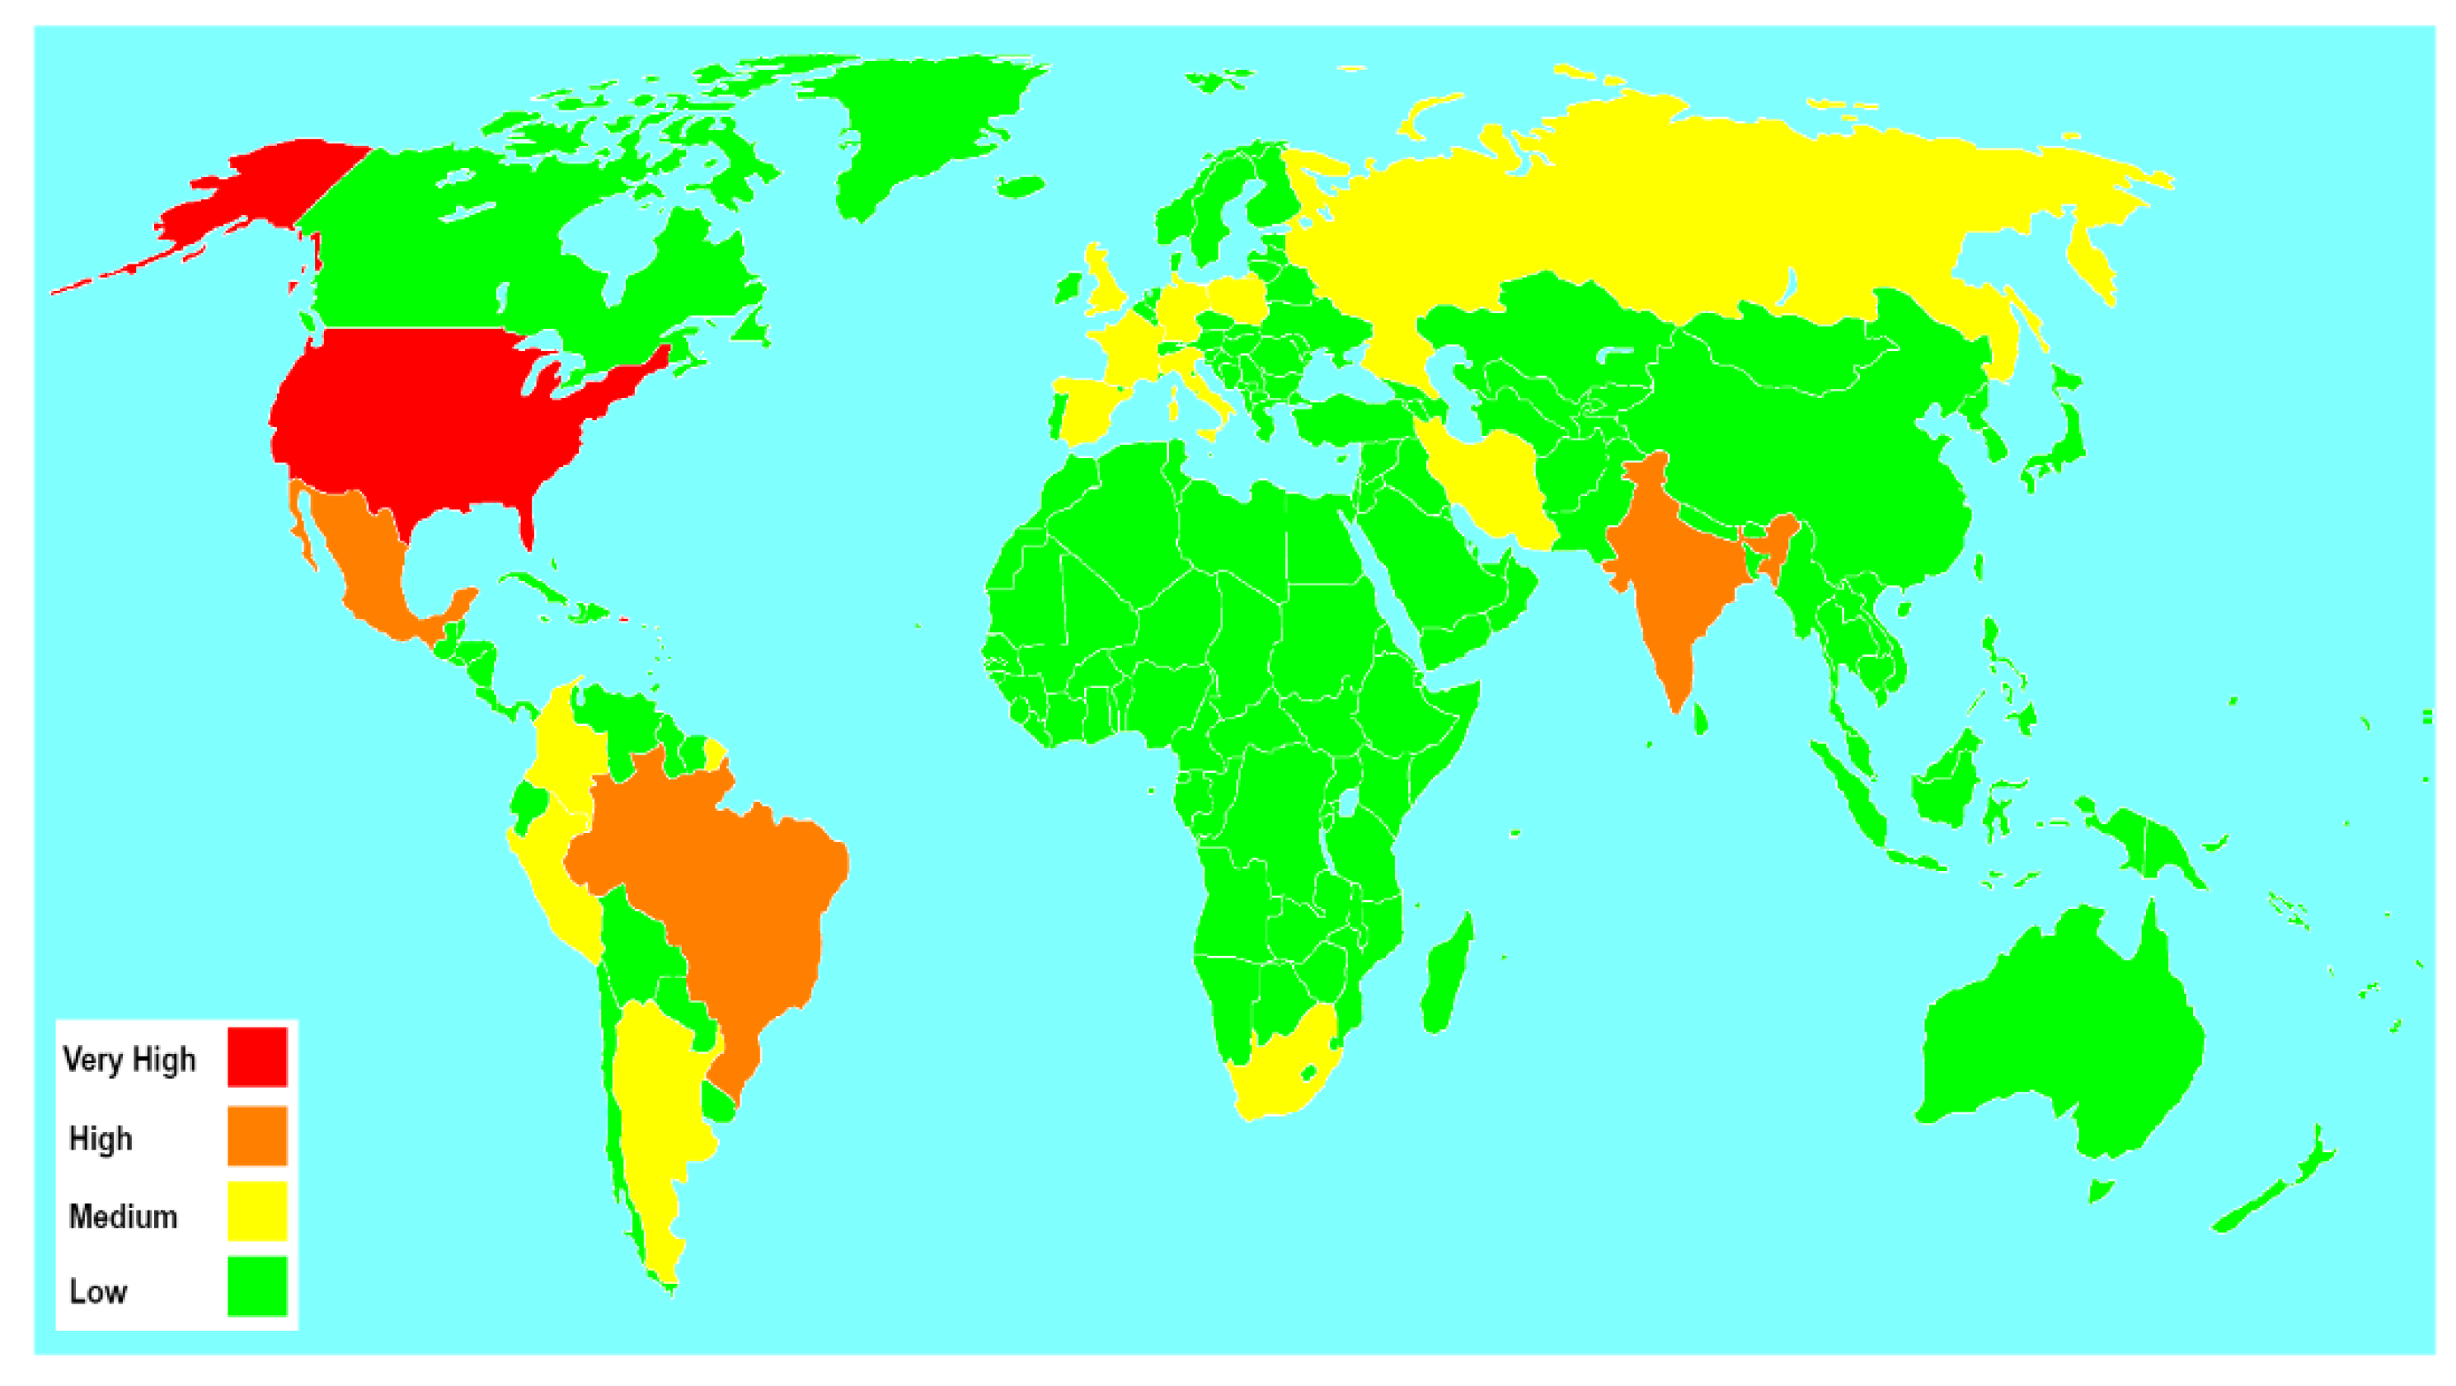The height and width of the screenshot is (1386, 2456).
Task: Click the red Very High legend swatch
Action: pos(256,1056)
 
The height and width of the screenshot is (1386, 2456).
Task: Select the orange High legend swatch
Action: pos(256,1135)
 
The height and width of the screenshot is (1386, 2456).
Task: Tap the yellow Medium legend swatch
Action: pos(256,1211)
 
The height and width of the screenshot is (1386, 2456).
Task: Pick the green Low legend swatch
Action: pos(256,1287)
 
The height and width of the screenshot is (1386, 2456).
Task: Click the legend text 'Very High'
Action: pos(129,1059)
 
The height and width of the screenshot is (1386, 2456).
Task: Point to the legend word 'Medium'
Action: pos(123,1216)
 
